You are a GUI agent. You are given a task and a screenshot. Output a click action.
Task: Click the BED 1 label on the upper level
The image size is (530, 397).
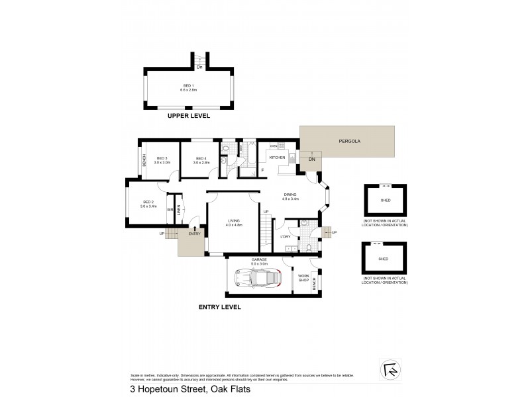point(189,85)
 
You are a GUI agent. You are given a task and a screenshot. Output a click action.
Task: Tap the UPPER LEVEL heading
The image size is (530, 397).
point(189,116)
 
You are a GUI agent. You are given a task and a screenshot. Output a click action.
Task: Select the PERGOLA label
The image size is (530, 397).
point(348,141)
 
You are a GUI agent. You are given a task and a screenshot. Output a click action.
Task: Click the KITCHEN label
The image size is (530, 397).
point(277,157)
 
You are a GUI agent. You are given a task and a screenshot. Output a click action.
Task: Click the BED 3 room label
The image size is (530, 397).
point(160,158)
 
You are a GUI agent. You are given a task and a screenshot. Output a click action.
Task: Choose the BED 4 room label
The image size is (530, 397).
point(201,158)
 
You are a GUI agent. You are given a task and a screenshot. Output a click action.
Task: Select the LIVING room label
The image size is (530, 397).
point(234,220)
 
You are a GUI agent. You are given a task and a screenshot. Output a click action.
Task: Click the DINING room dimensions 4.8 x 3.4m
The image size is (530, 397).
point(291,198)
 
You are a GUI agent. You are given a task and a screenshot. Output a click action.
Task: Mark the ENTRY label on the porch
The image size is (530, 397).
point(194,234)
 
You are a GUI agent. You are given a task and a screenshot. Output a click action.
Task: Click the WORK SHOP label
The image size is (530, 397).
point(304,278)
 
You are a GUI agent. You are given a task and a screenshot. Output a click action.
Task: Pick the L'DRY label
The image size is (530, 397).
point(286,236)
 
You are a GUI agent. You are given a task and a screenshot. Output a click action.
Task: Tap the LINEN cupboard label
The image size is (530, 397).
point(178,210)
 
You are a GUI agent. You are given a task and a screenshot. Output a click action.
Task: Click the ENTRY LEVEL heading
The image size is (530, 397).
point(219,308)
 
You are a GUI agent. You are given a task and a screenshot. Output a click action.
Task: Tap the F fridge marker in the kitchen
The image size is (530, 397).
point(263,171)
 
